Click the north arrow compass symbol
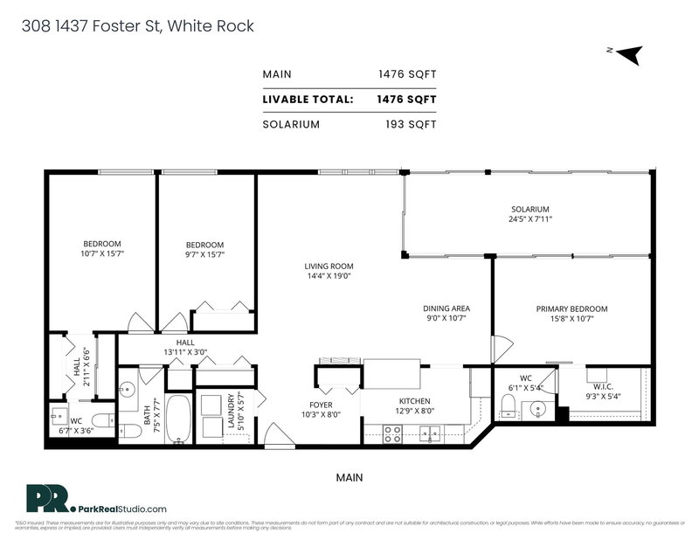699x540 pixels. coord(629,53)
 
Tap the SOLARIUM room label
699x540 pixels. coord(530,210)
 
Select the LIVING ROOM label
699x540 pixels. coord(329,267)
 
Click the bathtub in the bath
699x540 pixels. coord(180,419)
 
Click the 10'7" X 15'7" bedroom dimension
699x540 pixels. coord(102,254)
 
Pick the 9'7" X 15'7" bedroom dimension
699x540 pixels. coord(205,255)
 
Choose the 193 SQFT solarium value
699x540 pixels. coord(411,124)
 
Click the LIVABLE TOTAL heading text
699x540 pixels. coord(308,100)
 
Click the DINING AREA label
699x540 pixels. coord(446,308)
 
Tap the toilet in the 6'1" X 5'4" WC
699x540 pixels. coord(509,404)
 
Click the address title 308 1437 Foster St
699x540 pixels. coord(136,26)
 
